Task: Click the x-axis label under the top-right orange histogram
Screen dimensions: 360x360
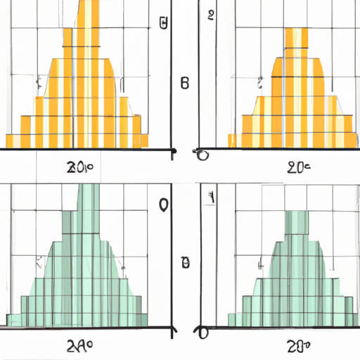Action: tap(300, 167)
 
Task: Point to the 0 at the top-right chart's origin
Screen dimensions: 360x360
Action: tap(203, 155)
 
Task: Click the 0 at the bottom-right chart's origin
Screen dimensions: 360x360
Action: tap(203, 332)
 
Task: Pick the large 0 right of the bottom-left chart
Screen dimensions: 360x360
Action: tap(164, 205)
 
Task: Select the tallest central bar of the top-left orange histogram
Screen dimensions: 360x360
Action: tap(89, 70)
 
